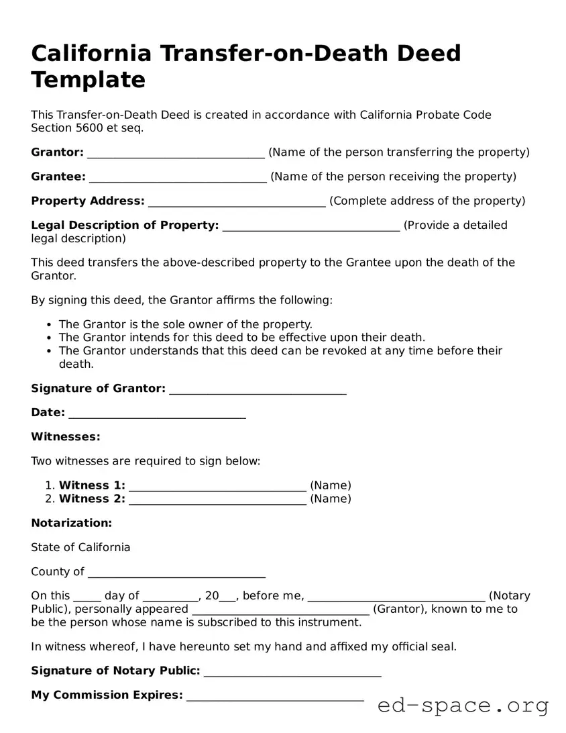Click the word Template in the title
pos(88,80)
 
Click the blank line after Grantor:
pos(176,153)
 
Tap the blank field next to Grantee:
pos(178,177)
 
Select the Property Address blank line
pos(237,201)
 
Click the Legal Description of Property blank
pos(311,226)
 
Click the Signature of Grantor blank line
pos(258,389)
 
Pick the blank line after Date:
pos(157,413)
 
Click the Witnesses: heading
pos(66,437)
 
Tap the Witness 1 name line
pos(217,486)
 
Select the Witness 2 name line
pos(217,499)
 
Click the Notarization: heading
pos(72,523)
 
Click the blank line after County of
pos(176,573)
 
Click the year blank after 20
pos(228,597)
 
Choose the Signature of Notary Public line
pos(292,671)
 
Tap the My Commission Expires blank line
pos(275,696)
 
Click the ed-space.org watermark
pos(463,705)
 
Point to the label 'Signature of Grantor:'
pos(98,389)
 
